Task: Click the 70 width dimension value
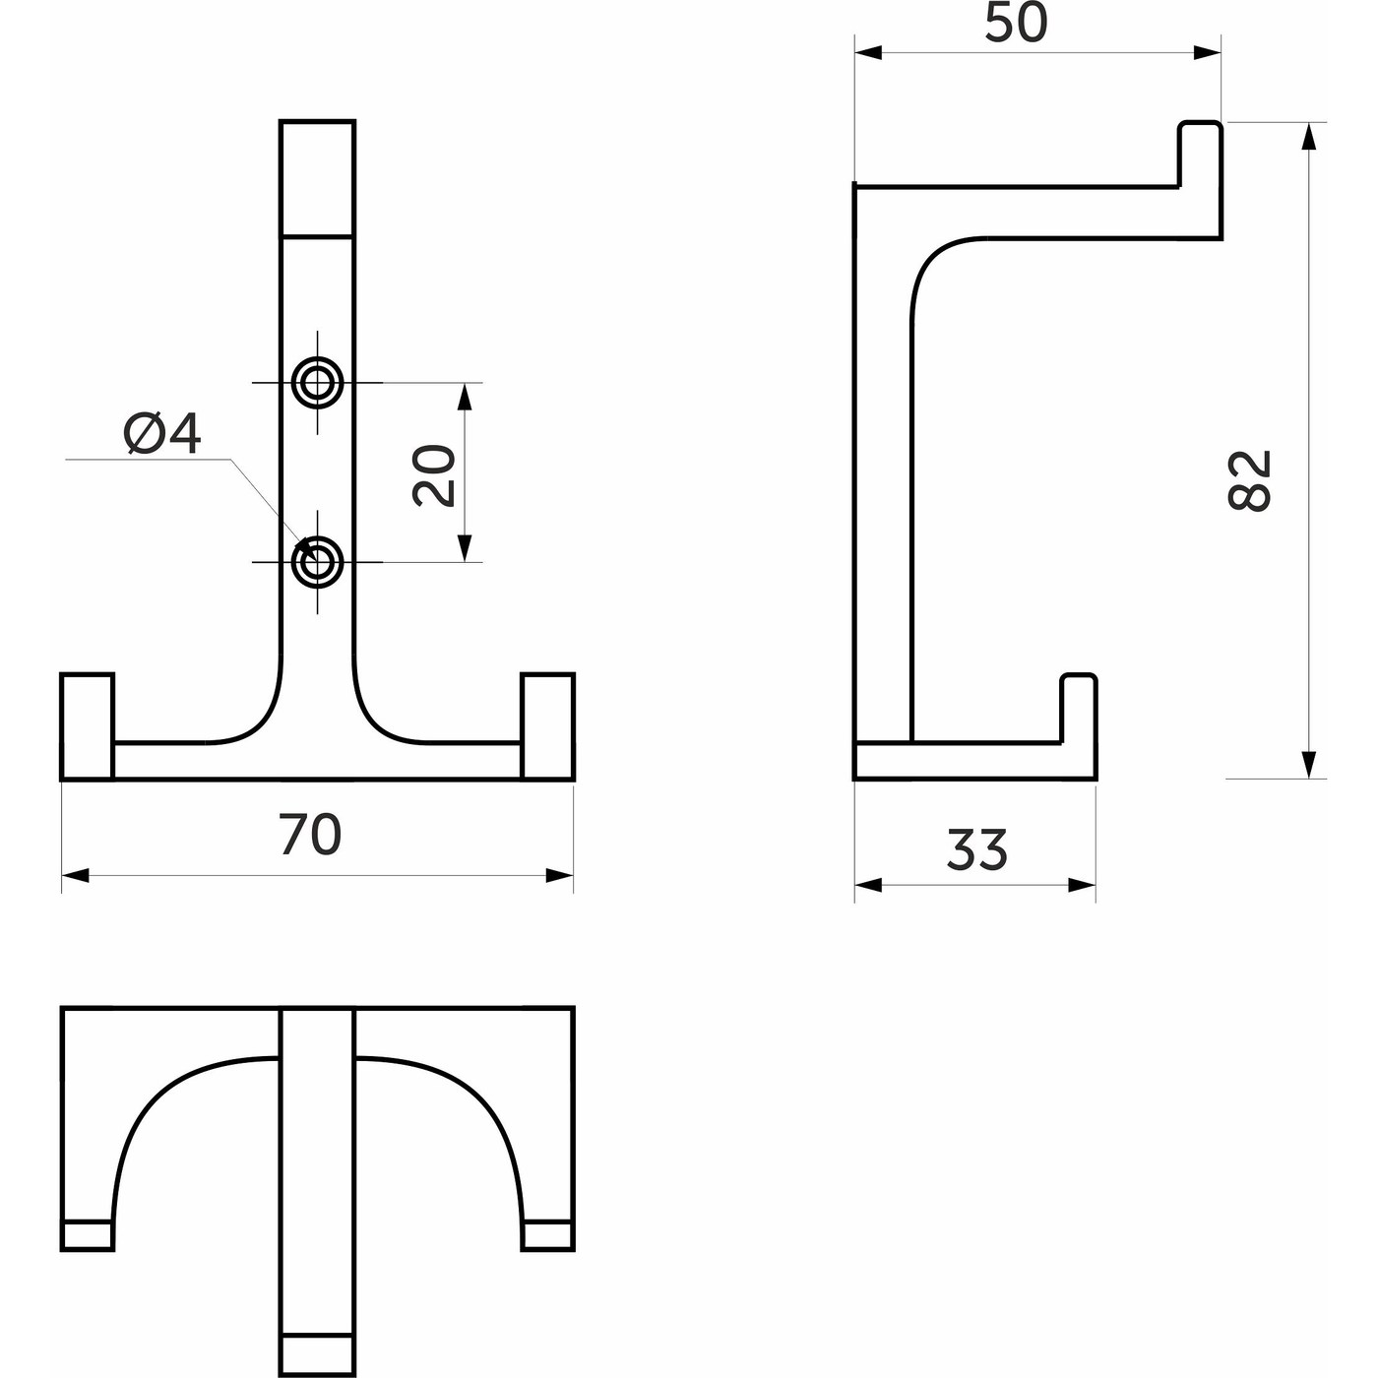(x=310, y=835)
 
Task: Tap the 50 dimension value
(x=1016, y=23)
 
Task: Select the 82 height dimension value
(x=1249, y=479)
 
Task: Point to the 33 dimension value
(x=976, y=849)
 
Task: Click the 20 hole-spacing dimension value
(x=434, y=476)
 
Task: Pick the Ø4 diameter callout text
(x=162, y=434)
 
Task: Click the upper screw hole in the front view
(x=317, y=383)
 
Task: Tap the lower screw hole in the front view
(x=317, y=562)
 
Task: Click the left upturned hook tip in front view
(x=88, y=725)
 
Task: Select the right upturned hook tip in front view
(x=548, y=725)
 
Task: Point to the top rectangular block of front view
(x=318, y=178)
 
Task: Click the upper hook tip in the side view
(x=1200, y=154)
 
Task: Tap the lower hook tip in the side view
(x=1079, y=708)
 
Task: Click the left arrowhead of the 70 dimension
(x=76, y=875)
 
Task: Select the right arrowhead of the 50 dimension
(x=1207, y=52)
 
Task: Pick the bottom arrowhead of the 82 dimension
(x=1309, y=764)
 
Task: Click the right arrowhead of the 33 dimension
(x=1081, y=885)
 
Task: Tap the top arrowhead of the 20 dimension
(x=465, y=397)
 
